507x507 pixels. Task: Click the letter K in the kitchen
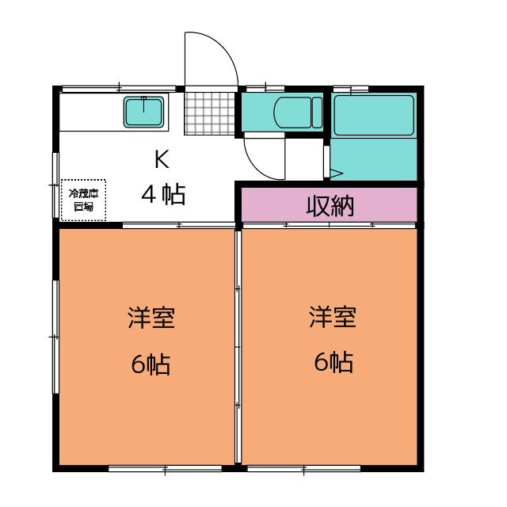pos(161,160)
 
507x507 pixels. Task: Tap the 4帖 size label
pos(164,193)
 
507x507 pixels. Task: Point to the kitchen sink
pos(144,112)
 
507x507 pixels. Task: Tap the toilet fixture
pos(294,112)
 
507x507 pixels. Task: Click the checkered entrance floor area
pos(210,112)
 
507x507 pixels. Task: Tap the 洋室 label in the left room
pos(151,318)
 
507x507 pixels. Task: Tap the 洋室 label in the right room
pos(333,318)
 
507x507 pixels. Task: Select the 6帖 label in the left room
pos(151,364)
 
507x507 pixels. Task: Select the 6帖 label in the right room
pos(333,363)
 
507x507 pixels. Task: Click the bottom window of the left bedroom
pos(164,469)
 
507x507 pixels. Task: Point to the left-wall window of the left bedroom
pos(55,336)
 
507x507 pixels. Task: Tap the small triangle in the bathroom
pos(334,172)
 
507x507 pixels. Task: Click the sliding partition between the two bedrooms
pos(238,349)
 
